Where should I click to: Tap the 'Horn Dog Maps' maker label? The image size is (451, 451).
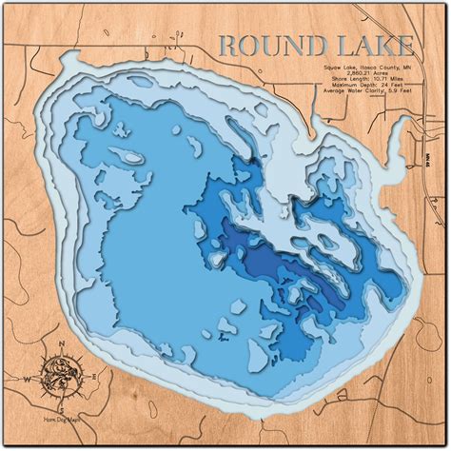click(61, 420)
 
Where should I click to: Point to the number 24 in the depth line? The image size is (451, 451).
click(394, 90)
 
